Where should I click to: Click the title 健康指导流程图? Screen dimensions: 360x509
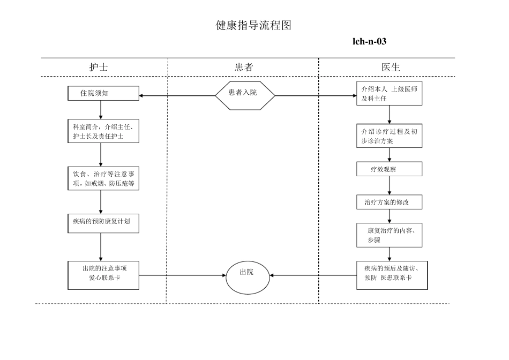pos(253,26)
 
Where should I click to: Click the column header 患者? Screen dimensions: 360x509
pos(243,67)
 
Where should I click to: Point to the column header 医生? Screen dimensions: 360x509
pos(391,67)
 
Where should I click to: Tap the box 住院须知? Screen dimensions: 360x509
pos(103,93)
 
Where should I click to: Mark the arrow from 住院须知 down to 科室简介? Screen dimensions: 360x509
pos(101,109)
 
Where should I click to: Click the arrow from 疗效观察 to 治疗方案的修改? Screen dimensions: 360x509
pos(390,185)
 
